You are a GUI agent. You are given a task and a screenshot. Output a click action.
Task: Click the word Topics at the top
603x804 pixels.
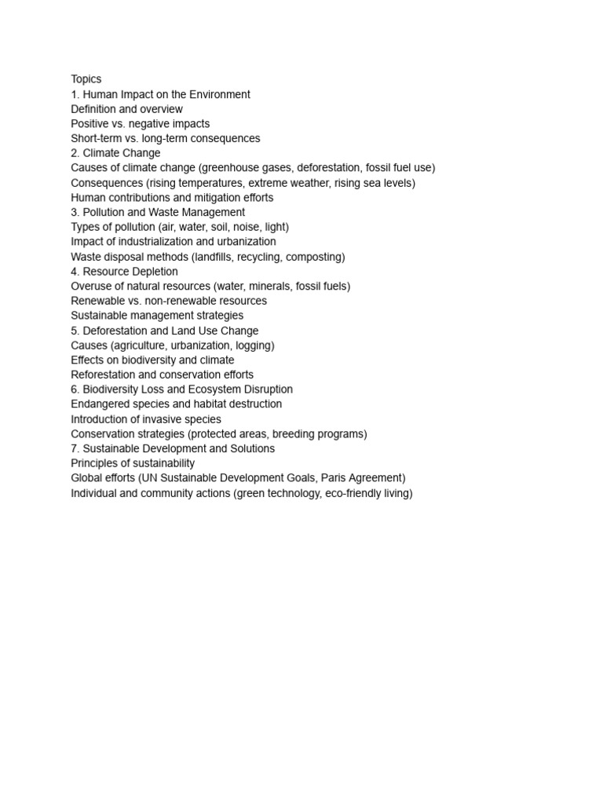pos(86,79)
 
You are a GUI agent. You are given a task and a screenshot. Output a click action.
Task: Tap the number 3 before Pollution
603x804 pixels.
pos(74,212)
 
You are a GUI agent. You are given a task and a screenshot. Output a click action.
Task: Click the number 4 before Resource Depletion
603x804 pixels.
pos(74,272)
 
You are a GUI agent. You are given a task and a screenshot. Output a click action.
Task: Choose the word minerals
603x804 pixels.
pos(270,286)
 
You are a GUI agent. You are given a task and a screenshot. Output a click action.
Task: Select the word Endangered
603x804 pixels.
pos(100,404)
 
